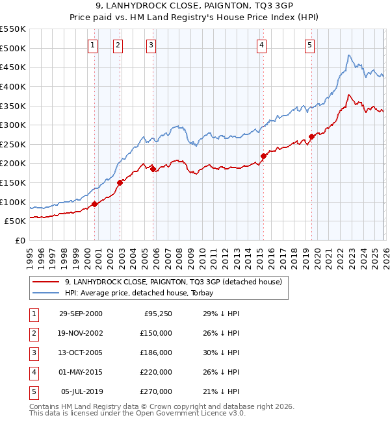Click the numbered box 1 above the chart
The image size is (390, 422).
92,45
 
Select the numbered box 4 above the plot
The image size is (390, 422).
261,45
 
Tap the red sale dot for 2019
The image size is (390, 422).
312,136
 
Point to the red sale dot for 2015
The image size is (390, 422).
264,156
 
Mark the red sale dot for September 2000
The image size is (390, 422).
95,204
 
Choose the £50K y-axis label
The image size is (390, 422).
16,221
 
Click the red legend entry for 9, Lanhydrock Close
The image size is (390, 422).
173,282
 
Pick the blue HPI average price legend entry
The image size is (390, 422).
143,293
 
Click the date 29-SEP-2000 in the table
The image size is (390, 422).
81,314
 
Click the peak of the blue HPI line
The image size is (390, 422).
349,55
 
